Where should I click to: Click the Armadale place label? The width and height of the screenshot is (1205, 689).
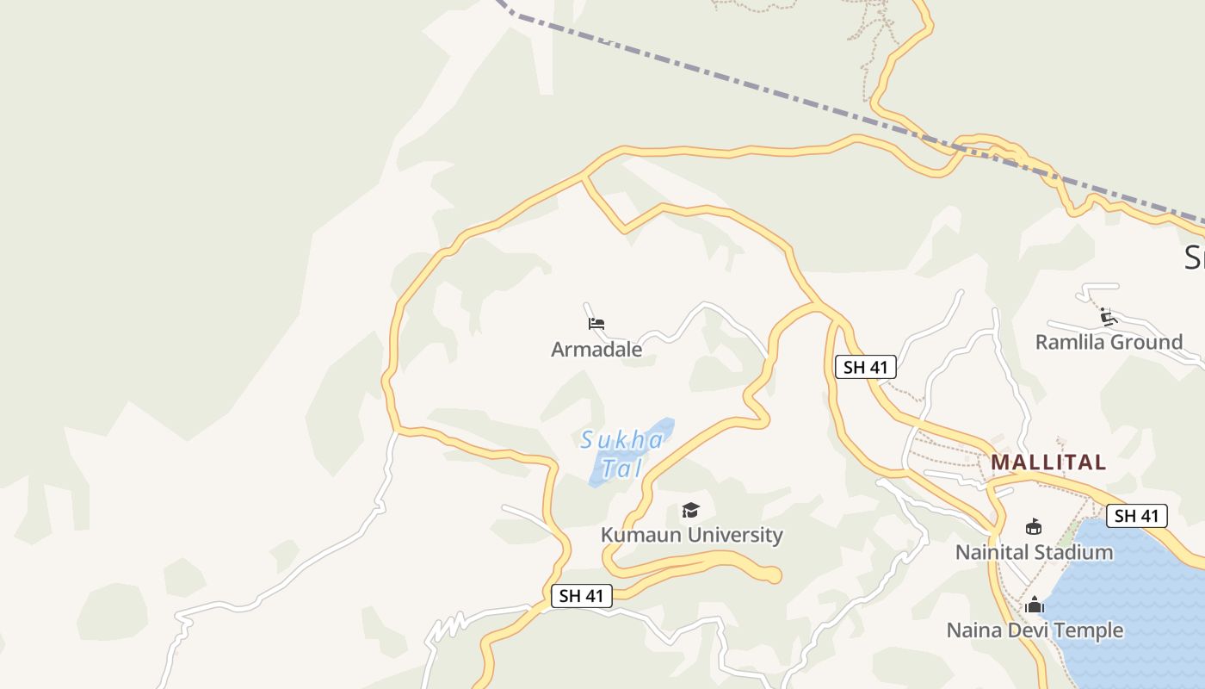point(596,350)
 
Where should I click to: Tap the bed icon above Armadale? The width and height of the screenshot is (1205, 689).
point(596,324)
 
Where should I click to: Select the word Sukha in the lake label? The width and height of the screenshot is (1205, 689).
point(621,440)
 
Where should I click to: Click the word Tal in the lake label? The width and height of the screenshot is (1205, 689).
point(621,469)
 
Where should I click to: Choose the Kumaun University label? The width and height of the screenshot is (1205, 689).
point(691,535)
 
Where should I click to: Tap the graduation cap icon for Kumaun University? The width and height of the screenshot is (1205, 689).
point(690,511)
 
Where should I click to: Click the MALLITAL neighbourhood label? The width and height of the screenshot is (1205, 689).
point(1047,462)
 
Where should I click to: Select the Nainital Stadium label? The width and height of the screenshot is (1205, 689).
point(1034,552)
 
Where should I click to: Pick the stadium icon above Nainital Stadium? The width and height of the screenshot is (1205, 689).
point(1034,526)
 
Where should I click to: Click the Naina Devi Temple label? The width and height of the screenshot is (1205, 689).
point(1035,630)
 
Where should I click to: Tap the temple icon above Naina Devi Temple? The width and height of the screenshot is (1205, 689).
point(1035,605)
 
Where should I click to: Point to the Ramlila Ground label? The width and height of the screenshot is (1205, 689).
point(1109,342)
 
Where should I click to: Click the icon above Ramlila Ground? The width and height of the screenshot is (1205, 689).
point(1109,317)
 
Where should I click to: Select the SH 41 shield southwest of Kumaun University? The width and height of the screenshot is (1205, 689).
point(582,595)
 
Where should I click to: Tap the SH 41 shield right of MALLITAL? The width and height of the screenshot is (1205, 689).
point(1136,516)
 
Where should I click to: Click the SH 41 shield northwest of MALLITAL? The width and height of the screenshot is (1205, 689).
point(865,367)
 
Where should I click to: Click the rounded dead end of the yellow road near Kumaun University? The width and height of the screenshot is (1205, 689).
point(773,574)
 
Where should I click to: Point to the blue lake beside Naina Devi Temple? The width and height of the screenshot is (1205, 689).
point(1128,603)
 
